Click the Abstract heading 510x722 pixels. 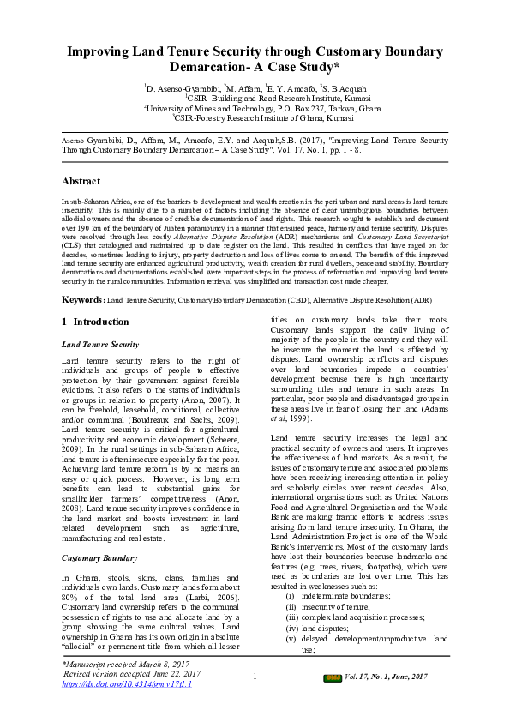coord(82,182)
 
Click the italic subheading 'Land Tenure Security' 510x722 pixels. coord(100,344)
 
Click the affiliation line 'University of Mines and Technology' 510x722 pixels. coord(255,108)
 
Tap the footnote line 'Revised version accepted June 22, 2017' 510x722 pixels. coord(127,674)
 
